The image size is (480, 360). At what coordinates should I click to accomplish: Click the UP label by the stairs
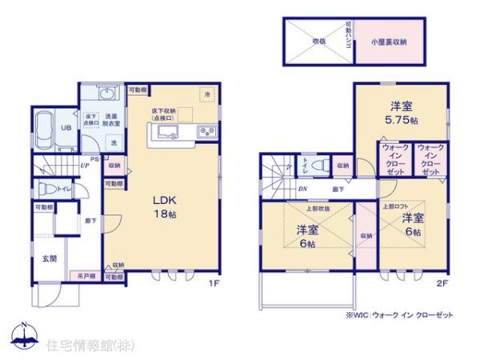pos(84,166)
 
